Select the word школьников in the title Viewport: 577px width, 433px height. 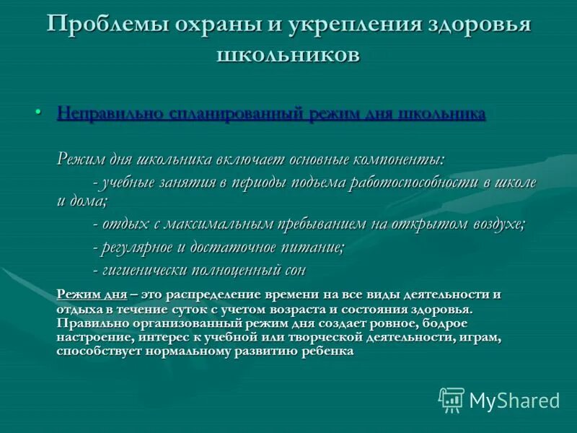click(288, 55)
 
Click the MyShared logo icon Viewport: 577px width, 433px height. click(452, 400)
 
